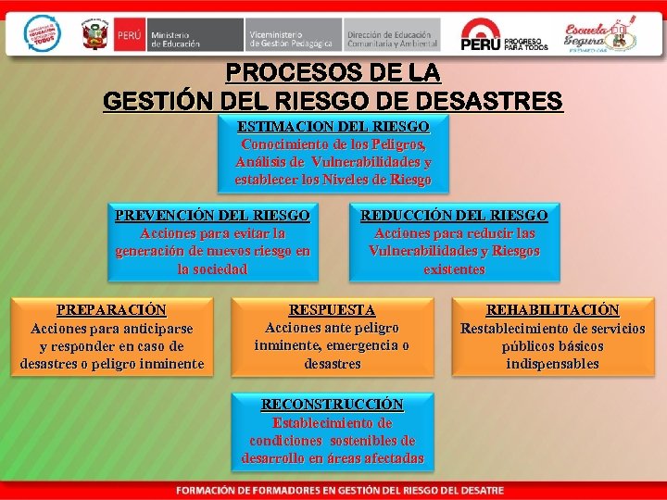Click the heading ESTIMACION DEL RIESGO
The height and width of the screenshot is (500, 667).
(x=333, y=126)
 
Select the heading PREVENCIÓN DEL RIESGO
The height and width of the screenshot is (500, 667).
(x=212, y=216)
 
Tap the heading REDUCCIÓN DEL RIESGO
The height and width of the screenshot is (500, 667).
(x=454, y=216)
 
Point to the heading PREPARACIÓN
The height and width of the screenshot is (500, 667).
(x=111, y=310)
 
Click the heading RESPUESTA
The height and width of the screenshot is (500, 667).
(x=333, y=310)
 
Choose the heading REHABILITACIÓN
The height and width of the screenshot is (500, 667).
(x=553, y=310)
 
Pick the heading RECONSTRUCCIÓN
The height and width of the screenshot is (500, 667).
(x=333, y=405)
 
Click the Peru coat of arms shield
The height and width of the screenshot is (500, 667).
(x=94, y=36)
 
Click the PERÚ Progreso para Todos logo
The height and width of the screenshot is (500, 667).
(x=505, y=36)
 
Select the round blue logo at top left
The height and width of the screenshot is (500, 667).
(x=41, y=34)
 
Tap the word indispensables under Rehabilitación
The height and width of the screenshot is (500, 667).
(x=553, y=364)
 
